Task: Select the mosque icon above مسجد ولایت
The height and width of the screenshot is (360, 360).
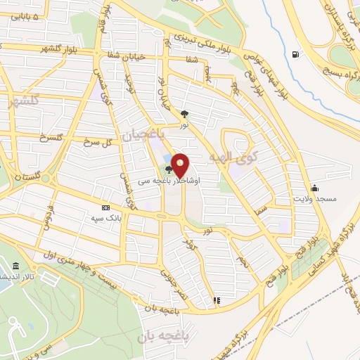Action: (x=314, y=187)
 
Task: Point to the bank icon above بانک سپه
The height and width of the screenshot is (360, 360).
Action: (x=105, y=207)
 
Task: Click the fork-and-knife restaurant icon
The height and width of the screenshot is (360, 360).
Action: (x=217, y=300)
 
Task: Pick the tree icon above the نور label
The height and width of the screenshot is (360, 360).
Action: (x=184, y=112)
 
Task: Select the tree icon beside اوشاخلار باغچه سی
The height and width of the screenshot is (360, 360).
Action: (x=169, y=169)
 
